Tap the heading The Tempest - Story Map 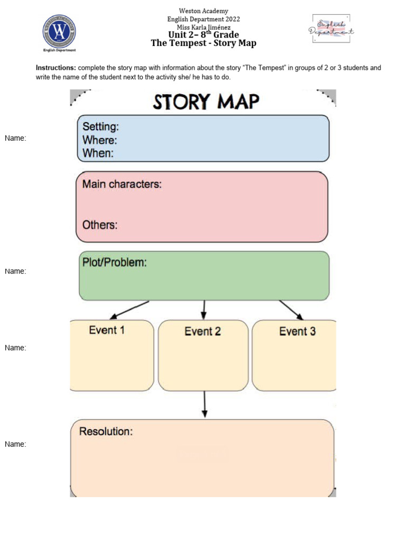pyautogui.click(x=204, y=43)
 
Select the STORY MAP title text pyautogui.click(x=206, y=102)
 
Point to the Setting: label pyautogui.click(x=100, y=127)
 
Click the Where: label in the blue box pyautogui.click(x=100, y=140)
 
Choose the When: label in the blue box pyautogui.click(x=98, y=153)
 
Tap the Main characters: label pyautogui.click(x=122, y=184)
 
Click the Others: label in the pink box pyautogui.click(x=100, y=224)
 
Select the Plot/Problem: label pyautogui.click(x=114, y=263)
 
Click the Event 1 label pyautogui.click(x=107, y=330)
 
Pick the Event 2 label pyautogui.click(x=202, y=331)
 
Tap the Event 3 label pyautogui.click(x=297, y=331)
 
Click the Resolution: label pyautogui.click(x=106, y=431)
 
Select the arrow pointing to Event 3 pyautogui.click(x=291, y=310)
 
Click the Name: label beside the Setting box pyautogui.click(x=15, y=138)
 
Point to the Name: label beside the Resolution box pyautogui.click(x=15, y=444)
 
